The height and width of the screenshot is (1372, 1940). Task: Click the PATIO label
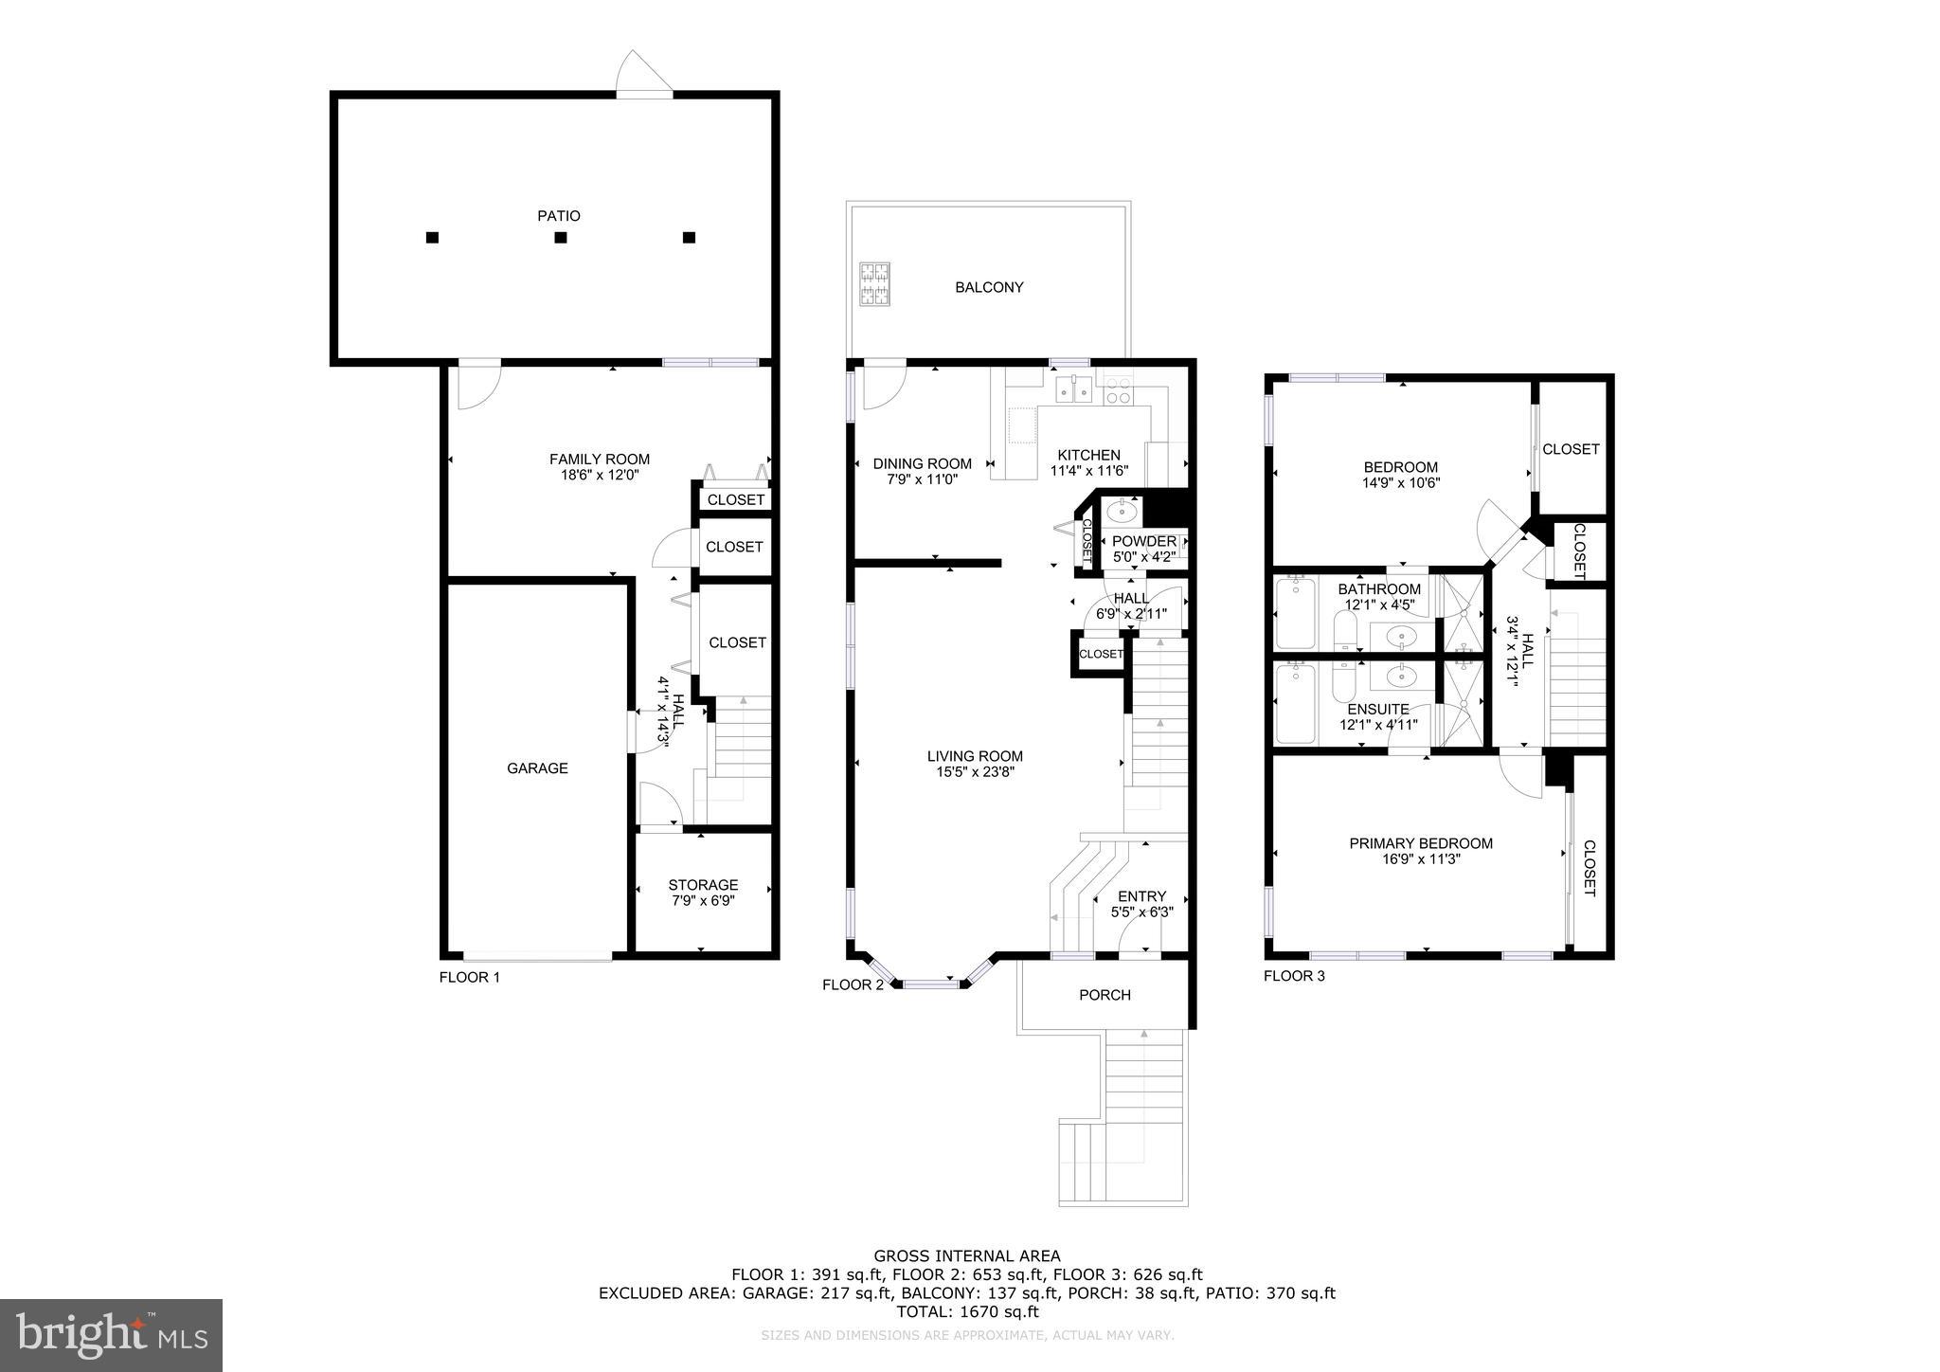click(x=559, y=216)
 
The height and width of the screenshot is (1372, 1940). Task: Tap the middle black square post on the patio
click(x=561, y=238)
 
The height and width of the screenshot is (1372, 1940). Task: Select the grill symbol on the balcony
click(x=874, y=283)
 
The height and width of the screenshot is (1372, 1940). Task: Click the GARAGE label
click(x=537, y=768)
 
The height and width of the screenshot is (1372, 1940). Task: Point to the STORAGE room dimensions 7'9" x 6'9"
click(x=703, y=901)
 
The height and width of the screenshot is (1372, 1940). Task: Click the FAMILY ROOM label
click(x=600, y=460)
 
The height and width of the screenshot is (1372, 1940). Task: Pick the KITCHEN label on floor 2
click(x=1088, y=455)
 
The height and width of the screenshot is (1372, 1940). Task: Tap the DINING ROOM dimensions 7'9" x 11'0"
click(x=922, y=479)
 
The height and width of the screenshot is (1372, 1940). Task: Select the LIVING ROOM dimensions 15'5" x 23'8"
click(x=975, y=772)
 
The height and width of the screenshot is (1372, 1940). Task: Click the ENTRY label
click(x=1141, y=896)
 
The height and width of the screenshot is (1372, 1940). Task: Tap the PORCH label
click(x=1105, y=995)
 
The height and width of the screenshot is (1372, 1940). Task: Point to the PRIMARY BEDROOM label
click(x=1421, y=843)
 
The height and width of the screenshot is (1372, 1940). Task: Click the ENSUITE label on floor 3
click(x=1378, y=710)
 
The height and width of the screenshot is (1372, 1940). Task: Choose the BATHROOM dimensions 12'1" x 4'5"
click(x=1379, y=605)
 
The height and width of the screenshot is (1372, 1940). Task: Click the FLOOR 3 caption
click(x=1294, y=976)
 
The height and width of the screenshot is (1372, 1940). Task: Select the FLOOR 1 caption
click(x=469, y=978)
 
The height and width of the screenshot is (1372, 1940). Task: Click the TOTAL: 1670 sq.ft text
click(x=967, y=1312)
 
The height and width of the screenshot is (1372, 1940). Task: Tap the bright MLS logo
click(x=111, y=1335)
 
